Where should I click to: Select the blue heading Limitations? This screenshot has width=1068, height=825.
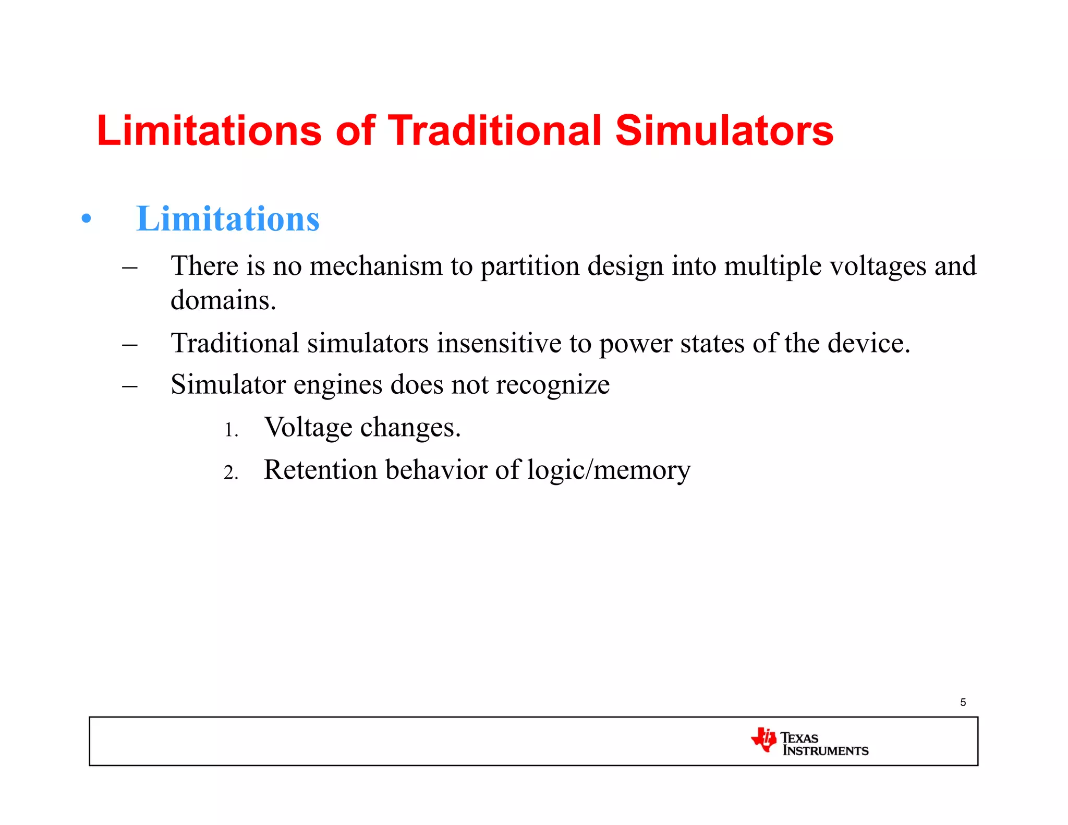(227, 219)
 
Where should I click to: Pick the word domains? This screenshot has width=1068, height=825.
(223, 300)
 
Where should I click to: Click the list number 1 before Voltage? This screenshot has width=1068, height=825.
(230, 431)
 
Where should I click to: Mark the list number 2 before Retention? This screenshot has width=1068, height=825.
(230, 473)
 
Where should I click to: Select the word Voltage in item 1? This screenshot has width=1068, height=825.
(308, 428)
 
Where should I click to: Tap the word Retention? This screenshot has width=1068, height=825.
(320, 470)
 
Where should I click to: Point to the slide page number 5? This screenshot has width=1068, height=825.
(963, 702)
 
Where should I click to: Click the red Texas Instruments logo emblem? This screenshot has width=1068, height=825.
(764, 739)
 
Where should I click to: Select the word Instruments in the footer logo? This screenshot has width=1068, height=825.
(826, 751)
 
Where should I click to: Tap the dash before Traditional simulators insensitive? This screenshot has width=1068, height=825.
(129, 345)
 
